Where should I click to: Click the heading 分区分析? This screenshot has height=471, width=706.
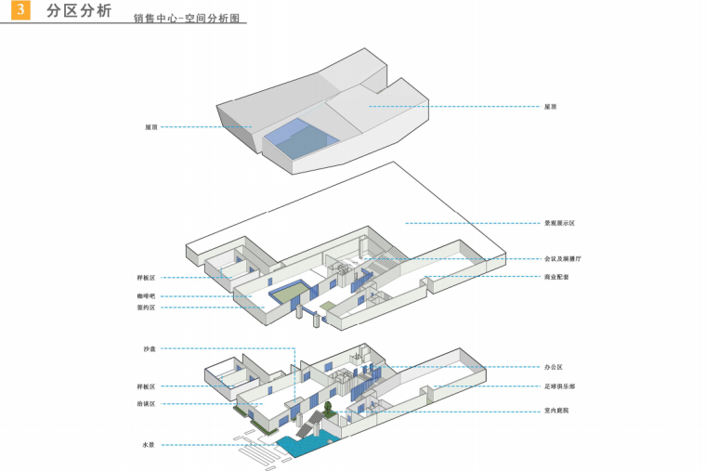click(x=78, y=12)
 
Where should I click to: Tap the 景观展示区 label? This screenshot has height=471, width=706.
click(x=559, y=224)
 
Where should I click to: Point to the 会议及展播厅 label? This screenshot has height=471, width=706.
click(x=562, y=258)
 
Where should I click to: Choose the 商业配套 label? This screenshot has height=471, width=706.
click(x=556, y=277)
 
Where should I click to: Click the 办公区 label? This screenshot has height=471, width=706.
click(x=554, y=367)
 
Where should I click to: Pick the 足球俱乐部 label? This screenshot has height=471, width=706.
click(x=559, y=386)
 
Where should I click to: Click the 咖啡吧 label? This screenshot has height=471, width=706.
click(x=147, y=296)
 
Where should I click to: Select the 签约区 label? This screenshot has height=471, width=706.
click(x=147, y=307)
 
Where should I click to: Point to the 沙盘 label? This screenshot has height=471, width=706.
click(x=150, y=348)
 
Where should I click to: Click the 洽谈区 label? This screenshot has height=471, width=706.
click(x=147, y=404)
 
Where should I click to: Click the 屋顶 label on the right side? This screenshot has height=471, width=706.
click(x=551, y=107)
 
